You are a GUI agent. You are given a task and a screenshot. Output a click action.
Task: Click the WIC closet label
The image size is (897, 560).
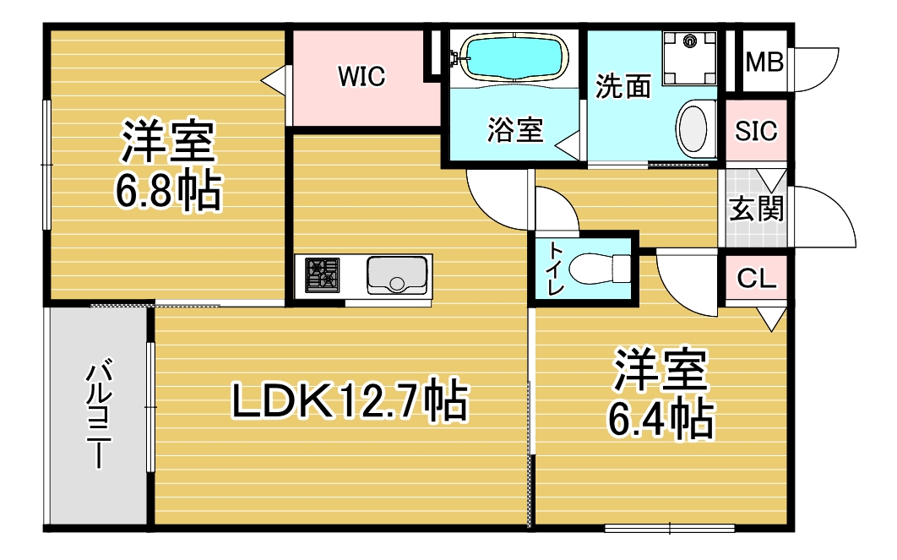point(362,76)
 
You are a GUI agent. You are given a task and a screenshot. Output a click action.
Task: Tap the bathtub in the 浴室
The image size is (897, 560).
point(514,56)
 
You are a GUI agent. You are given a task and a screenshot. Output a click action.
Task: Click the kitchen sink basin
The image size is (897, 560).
point(397,275)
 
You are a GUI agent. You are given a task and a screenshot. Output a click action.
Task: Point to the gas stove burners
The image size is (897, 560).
point(322,275)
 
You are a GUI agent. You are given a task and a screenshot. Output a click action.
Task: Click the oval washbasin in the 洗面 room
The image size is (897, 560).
point(697,128)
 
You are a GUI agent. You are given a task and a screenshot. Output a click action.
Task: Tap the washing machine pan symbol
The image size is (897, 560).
point(689,58)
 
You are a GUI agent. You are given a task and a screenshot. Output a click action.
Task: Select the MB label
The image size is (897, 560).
point(764,62)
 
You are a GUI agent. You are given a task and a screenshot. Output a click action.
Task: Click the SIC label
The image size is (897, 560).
point(756,131)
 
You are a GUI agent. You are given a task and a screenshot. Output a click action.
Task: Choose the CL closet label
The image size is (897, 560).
point(756,279)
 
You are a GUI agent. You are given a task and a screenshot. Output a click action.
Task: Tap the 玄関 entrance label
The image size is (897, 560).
point(756,209)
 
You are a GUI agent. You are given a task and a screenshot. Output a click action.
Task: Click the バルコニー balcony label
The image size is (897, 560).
point(98,414)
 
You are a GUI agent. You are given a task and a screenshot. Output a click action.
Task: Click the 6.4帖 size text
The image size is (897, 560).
point(661,419)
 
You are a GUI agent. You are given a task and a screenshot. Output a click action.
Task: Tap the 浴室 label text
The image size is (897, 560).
point(515,130)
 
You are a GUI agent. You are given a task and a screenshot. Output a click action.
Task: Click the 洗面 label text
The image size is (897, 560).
point(623,86)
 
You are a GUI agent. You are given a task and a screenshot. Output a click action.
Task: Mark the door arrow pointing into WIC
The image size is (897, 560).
point(274,80)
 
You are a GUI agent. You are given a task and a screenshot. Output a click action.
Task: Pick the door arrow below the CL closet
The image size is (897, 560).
point(772,319)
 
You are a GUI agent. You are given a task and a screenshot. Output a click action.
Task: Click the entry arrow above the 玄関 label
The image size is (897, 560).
point(772,181)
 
